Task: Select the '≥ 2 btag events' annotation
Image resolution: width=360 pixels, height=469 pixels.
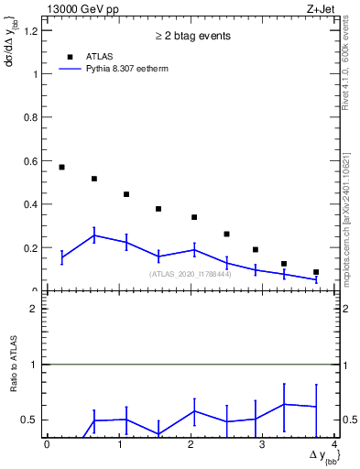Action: pyautogui.click(x=191, y=36)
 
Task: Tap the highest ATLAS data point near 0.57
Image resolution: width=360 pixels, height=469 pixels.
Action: pyautogui.click(x=61, y=167)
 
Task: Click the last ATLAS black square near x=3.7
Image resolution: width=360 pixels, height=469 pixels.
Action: pyautogui.click(x=316, y=272)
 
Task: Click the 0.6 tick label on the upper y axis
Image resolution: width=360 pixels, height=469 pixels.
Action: pyautogui.click(x=31, y=161)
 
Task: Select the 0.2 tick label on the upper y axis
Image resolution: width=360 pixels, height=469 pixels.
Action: pyautogui.click(x=31, y=248)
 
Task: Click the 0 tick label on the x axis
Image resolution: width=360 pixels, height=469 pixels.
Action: pyautogui.click(x=47, y=445)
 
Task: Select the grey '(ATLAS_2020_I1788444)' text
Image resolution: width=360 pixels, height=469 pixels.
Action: pyautogui.click(x=191, y=274)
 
